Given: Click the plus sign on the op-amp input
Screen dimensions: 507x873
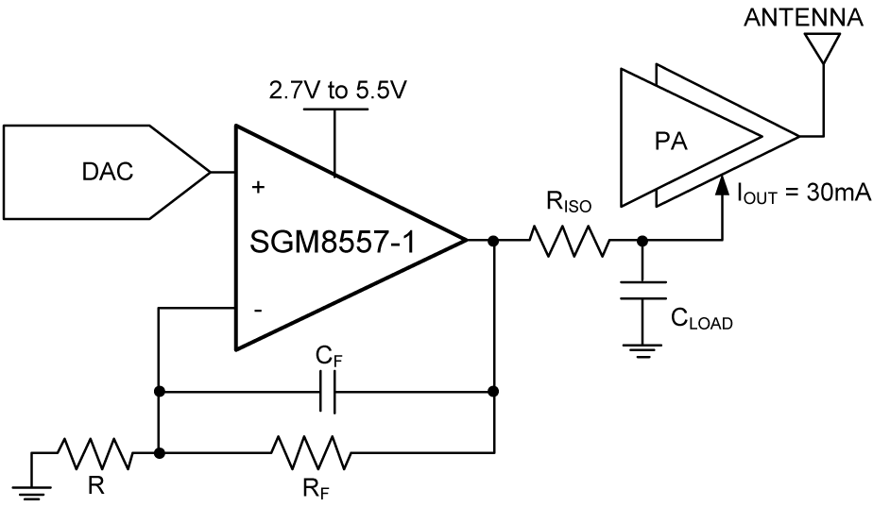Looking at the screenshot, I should (x=258, y=188).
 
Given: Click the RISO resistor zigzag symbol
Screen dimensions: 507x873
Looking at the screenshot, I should (x=569, y=241).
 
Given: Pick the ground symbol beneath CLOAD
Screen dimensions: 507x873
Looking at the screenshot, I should (x=642, y=350).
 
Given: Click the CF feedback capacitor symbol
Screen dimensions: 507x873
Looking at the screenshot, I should (x=327, y=389).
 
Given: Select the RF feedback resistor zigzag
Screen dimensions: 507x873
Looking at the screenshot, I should (x=310, y=453).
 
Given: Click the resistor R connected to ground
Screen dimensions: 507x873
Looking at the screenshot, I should (x=94, y=453).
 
